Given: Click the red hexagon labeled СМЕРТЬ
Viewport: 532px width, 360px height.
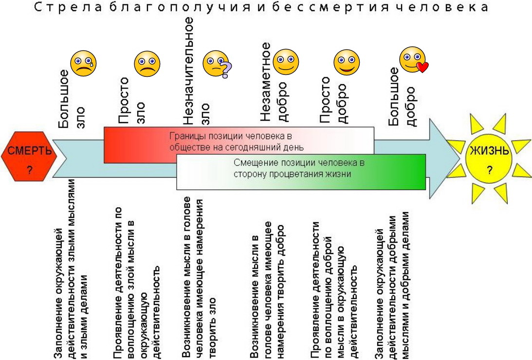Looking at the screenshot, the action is [29, 156].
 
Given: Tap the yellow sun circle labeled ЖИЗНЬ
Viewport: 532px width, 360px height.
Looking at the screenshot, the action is [489, 159].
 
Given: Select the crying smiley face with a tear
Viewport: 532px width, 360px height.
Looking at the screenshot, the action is [83, 63].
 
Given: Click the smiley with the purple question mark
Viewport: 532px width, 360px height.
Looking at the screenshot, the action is [217, 64].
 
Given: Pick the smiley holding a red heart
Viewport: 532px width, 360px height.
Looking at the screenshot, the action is [413, 60].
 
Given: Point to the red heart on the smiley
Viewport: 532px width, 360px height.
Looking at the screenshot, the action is [422, 67].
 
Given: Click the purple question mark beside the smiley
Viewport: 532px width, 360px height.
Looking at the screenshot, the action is [226, 70].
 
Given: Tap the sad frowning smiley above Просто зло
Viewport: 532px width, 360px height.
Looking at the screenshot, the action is [147, 64].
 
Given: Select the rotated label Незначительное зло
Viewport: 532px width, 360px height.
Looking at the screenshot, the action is [196, 71].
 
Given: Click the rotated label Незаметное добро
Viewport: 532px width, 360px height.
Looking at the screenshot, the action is [274, 81].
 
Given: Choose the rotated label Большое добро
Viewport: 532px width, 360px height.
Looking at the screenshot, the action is [402, 97].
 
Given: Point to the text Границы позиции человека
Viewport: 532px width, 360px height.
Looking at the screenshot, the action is [231, 136].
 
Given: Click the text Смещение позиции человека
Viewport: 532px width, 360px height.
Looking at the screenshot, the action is [299, 162].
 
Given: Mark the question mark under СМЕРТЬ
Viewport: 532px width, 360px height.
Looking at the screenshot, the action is [30, 170].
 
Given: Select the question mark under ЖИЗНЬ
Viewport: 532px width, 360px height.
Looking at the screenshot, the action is [489, 170].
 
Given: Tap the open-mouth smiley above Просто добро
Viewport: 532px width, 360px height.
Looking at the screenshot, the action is [347, 62].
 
